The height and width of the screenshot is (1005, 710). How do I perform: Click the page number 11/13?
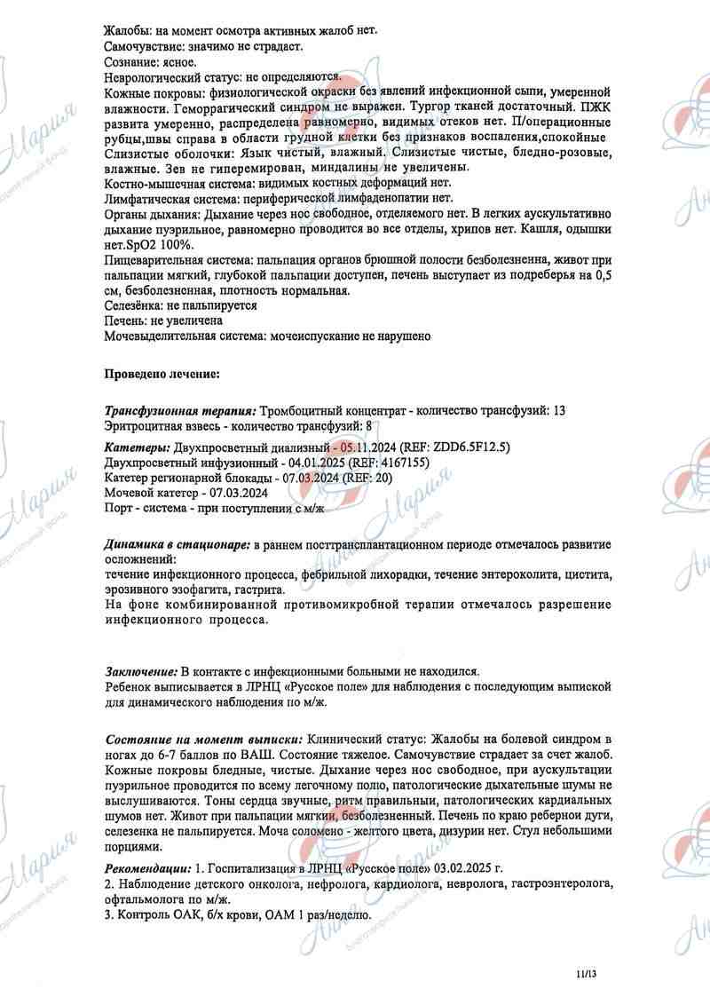587,974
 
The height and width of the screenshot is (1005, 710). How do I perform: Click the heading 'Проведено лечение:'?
162,374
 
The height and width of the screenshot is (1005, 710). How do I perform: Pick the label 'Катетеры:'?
138,446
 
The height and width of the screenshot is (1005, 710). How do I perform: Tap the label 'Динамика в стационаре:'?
177,542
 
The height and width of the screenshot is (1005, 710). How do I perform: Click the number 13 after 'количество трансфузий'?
558,410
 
